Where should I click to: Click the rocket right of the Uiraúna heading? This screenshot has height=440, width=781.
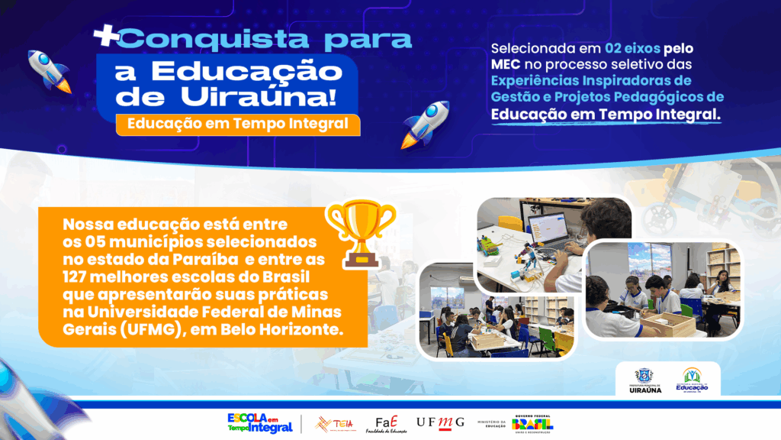[x=425, y=123]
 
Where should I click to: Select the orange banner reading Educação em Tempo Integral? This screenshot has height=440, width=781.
[x=238, y=124]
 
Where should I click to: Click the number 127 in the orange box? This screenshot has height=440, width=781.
[x=79, y=275]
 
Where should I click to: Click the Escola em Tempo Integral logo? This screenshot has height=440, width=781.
[x=259, y=422]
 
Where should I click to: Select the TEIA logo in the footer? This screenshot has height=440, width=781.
[x=334, y=423]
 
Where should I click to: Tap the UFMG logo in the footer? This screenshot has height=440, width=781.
[x=440, y=422]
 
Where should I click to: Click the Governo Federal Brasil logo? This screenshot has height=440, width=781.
[x=533, y=423]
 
